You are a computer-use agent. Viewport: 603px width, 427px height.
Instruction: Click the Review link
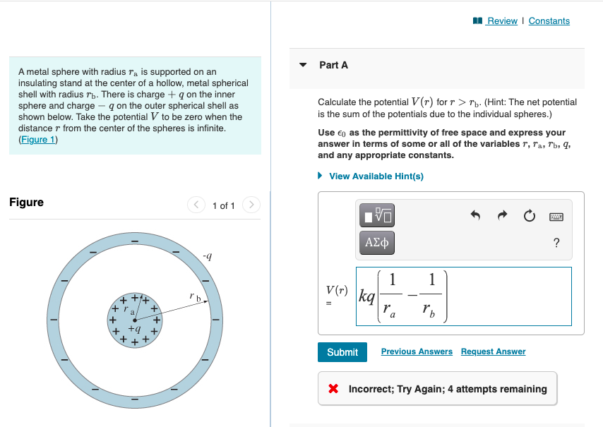[x=502, y=21]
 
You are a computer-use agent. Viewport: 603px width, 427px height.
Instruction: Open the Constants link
[x=549, y=21]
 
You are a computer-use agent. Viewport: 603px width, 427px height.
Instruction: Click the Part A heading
[x=333, y=65]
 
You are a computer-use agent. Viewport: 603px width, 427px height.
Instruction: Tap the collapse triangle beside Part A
[x=304, y=65]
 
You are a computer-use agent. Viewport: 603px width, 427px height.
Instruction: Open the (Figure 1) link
[x=38, y=140]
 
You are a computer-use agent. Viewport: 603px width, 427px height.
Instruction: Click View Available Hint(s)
[x=376, y=176]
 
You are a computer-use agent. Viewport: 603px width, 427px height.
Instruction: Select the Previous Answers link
[x=417, y=351]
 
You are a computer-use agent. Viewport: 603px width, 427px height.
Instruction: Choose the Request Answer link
[x=493, y=351]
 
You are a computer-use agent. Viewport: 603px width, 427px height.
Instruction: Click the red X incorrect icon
[x=333, y=389]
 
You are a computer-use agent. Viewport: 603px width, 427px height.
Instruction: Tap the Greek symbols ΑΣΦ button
[x=377, y=243]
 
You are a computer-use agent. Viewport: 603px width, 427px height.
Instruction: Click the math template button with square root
[x=377, y=215]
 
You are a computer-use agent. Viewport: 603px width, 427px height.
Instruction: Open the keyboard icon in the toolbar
[x=556, y=215]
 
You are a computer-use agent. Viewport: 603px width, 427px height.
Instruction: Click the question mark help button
[x=556, y=243]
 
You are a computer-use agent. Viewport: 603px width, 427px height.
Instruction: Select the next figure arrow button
[x=251, y=205]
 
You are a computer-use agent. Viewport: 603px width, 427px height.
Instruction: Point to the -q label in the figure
[x=206, y=256]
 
